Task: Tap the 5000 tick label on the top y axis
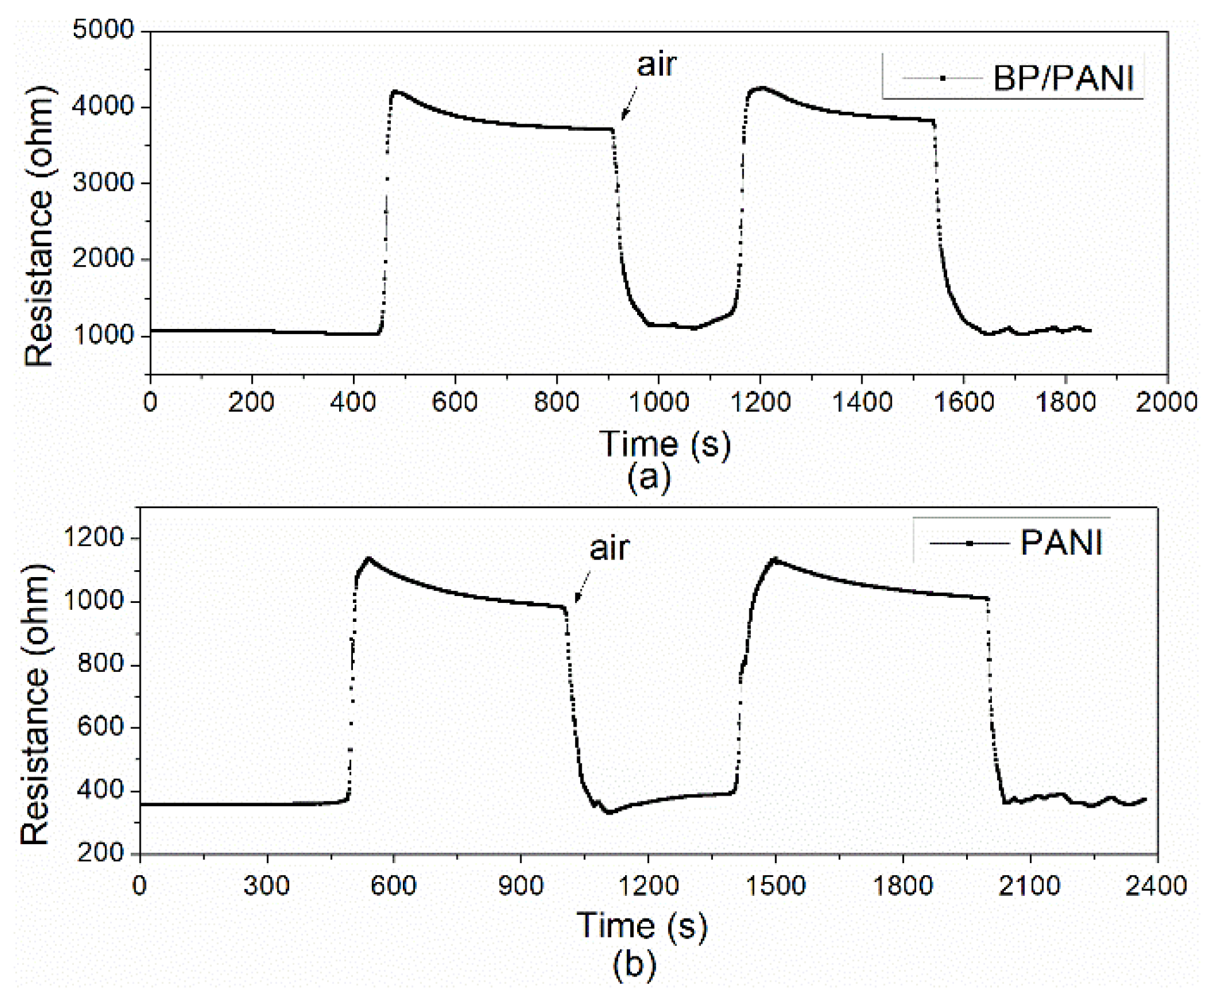coord(104,30)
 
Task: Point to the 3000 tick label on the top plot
coord(104,182)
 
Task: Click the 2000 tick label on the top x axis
coord(1166,402)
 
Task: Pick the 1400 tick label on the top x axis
coord(862,402)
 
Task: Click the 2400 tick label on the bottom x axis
coord(1156,885)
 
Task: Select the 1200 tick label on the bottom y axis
coord(94,537)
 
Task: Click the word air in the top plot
coord(656,64)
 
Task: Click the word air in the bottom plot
coord(609,547)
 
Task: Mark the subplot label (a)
coord(648,477)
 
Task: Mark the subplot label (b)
coord(635,965)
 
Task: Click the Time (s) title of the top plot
coord(665,443)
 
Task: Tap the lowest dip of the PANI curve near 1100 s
coord(609,812)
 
